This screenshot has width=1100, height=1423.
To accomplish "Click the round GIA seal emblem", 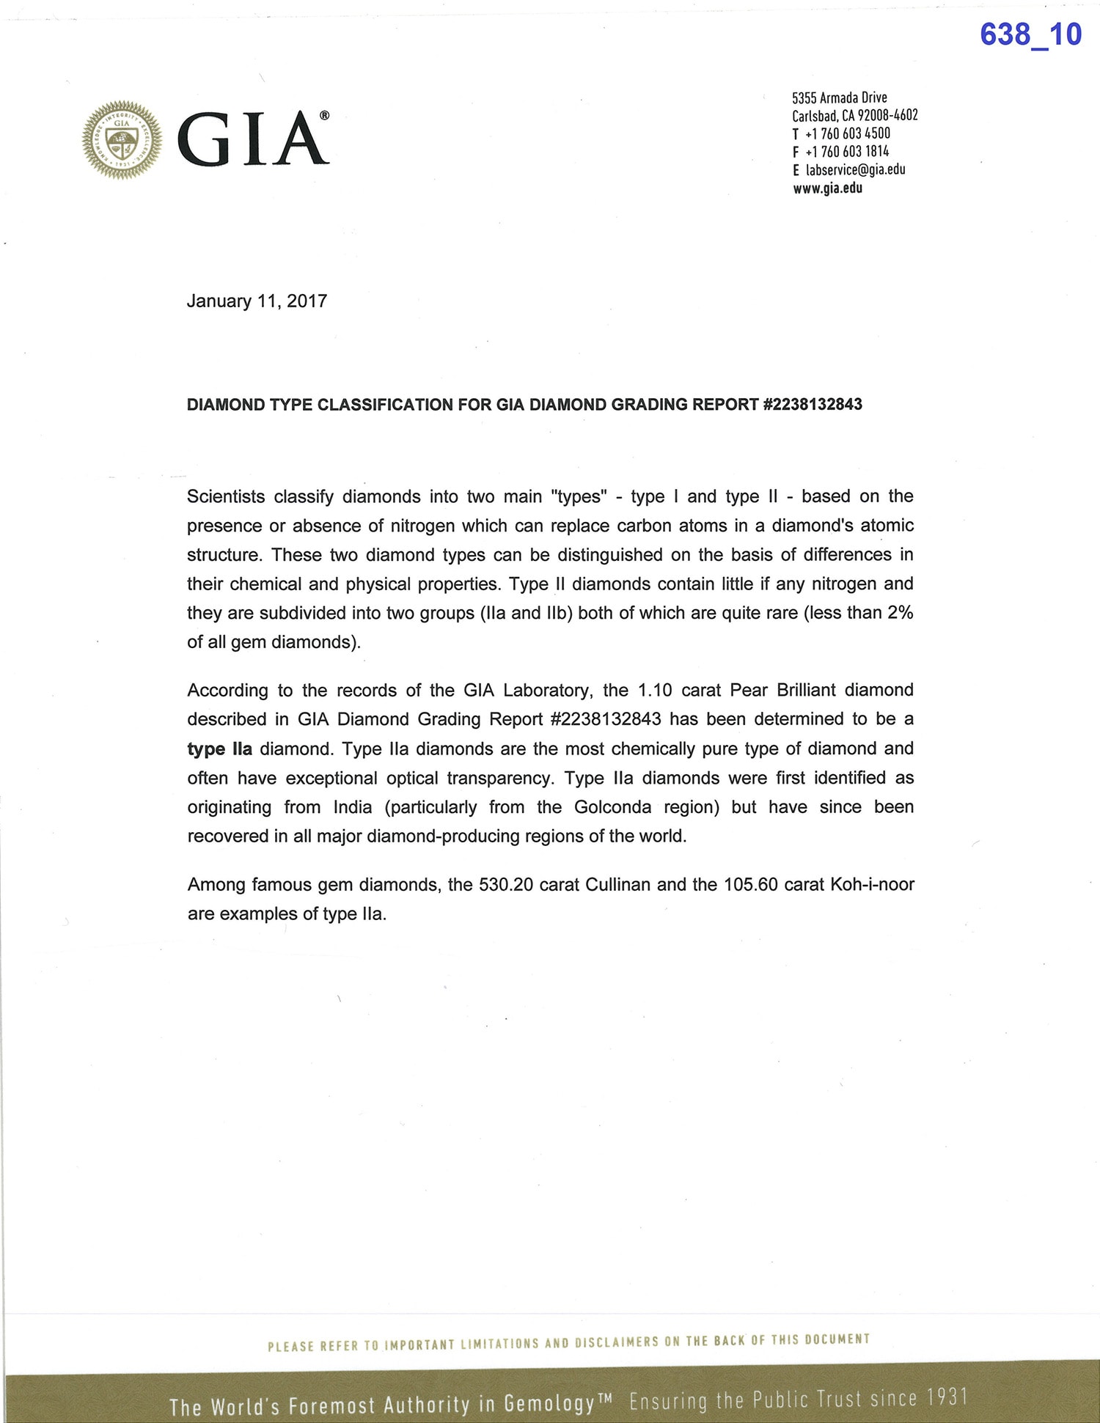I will pyautogui.click(x=122, y=139).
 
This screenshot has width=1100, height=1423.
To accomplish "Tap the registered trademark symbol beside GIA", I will pyautogui.click(x=324, y=116).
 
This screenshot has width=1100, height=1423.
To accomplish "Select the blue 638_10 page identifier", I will pyautogui.click(x=1030, y=34).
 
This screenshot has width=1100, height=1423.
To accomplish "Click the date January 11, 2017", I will pyautogui.click(x=257, y=301).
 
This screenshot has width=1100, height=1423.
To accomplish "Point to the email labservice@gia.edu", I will pyautogui.click(x=855, y=170).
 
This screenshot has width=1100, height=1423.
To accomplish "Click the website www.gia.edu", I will pyautogui.click(x=827, y=188).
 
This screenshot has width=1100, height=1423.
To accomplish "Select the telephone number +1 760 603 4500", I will pyautogui.click(x=847, y=133).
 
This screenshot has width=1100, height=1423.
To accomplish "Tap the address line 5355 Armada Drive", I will pyautogui.click(x=839, y=98).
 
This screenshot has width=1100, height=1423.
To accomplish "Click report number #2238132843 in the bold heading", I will pyautogui.click(x=813, y=405).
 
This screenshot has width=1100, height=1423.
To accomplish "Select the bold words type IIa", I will pyautogui.click(x=219, y=749).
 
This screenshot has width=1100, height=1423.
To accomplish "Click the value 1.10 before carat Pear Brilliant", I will pyautogui.click(x=655, y=691).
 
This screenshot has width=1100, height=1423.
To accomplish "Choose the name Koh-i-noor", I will pyautogui.click(x=872, y=885).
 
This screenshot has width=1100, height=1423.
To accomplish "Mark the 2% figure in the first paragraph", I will pyautogui.click(x=900, y=613).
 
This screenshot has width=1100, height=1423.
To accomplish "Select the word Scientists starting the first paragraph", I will pyautogui.click(x=226, y=497).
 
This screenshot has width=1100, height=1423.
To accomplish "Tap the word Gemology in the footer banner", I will pyautogui.click(x=549, y=1403).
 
